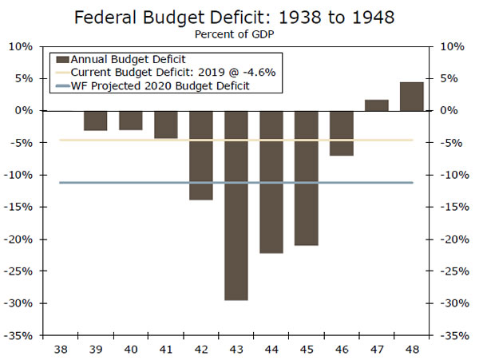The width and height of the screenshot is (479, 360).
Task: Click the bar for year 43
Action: (x=236, y=205)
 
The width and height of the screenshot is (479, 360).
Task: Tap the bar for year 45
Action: (x=307, y=177)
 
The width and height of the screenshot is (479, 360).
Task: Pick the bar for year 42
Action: (x=201, y=155)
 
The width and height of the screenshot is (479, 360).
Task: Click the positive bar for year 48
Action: (x=411, y=96)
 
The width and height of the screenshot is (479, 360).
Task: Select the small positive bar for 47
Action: (x=376, y=105)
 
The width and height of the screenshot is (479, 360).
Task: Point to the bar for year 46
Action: (x=342, y=133)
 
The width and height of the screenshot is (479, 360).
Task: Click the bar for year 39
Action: (x=96, y=120)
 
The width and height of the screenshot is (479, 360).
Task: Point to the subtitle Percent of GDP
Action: (x=239, y=34)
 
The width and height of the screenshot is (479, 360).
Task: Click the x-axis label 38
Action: (x=61, y=349)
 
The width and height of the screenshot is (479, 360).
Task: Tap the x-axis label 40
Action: (x=131, y=349)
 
